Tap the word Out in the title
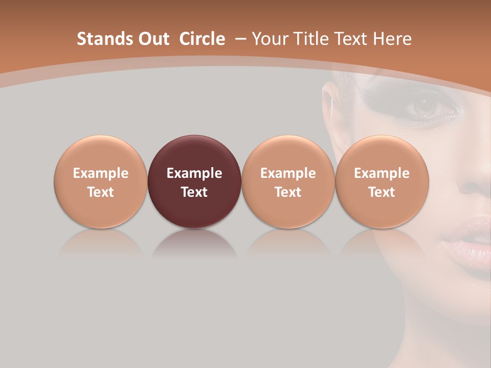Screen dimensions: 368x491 click(x=154, y=39)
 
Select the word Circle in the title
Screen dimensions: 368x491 click(x=202, y=39)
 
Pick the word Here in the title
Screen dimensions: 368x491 click(x=392, y=39)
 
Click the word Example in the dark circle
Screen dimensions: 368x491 click(x=194, y=173)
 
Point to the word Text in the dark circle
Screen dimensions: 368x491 click(x=194, y=192)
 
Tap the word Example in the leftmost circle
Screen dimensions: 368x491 click(x=101, y=173)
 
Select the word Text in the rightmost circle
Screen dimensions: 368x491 click(x=382, y=192)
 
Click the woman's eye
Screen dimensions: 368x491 click(x=422, y=106)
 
